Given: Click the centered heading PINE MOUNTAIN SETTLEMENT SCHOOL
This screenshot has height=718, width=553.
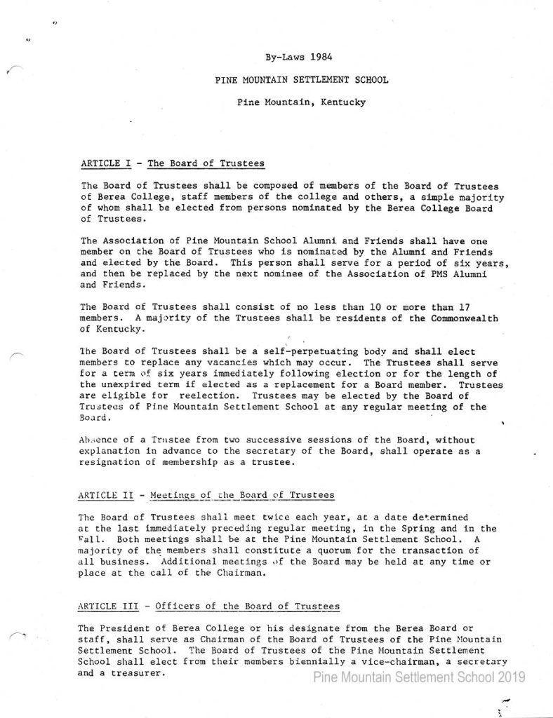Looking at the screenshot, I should tap(302, 80).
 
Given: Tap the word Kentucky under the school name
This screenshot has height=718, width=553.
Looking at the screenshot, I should tap(343, 102).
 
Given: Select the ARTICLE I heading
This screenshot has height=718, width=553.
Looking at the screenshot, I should tap(173, 163).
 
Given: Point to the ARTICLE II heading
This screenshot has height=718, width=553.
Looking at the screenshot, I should tap(208, 495).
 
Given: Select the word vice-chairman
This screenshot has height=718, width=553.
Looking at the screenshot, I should tap(395, 662).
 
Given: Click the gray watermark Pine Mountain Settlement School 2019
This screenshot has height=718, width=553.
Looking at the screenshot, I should tap(418, 677).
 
